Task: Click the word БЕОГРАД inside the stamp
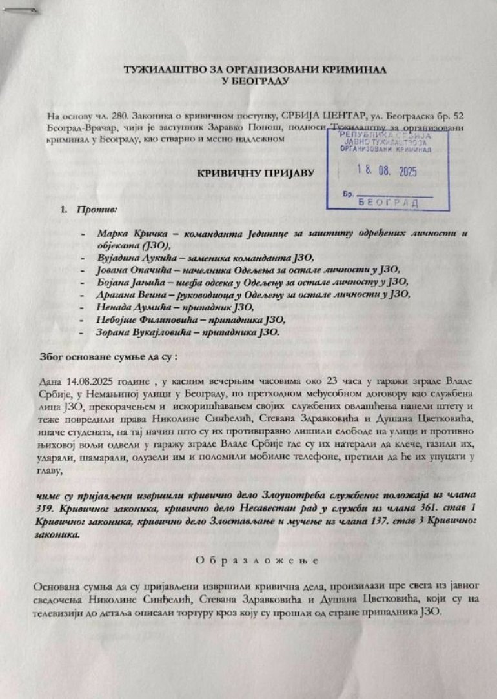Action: pyautogui.click(x=388, y=203)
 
